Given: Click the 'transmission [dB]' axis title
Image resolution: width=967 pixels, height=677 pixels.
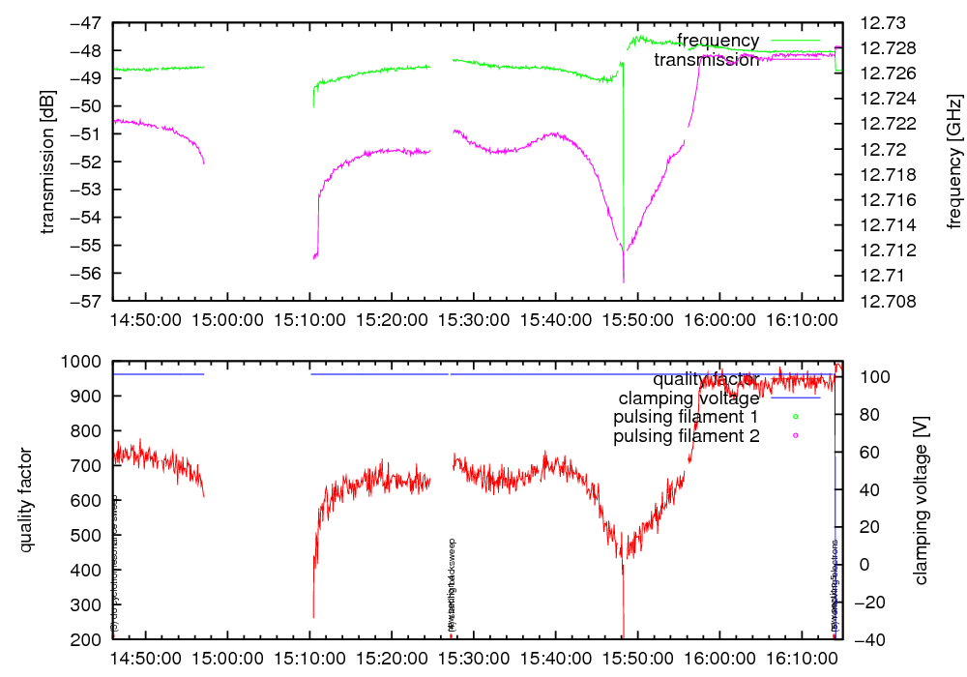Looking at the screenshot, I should (47, 162).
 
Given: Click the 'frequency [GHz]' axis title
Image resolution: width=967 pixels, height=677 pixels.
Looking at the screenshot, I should (954, 162).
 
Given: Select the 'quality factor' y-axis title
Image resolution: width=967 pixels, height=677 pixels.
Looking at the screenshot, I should (26, 500).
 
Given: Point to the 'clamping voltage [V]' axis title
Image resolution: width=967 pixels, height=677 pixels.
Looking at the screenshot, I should (920, 500).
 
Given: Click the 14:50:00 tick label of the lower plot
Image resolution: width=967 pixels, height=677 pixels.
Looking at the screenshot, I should (145, 657).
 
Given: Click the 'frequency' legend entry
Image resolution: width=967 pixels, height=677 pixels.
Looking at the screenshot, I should (718, 41).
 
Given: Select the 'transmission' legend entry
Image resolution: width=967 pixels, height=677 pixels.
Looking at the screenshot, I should (706, 60).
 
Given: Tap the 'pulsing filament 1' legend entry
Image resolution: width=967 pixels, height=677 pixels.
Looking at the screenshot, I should (686, 417).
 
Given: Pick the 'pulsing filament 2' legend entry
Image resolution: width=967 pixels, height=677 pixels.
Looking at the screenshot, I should (686, 436).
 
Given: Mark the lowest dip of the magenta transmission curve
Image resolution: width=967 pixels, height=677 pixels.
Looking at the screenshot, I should (624, 281).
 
